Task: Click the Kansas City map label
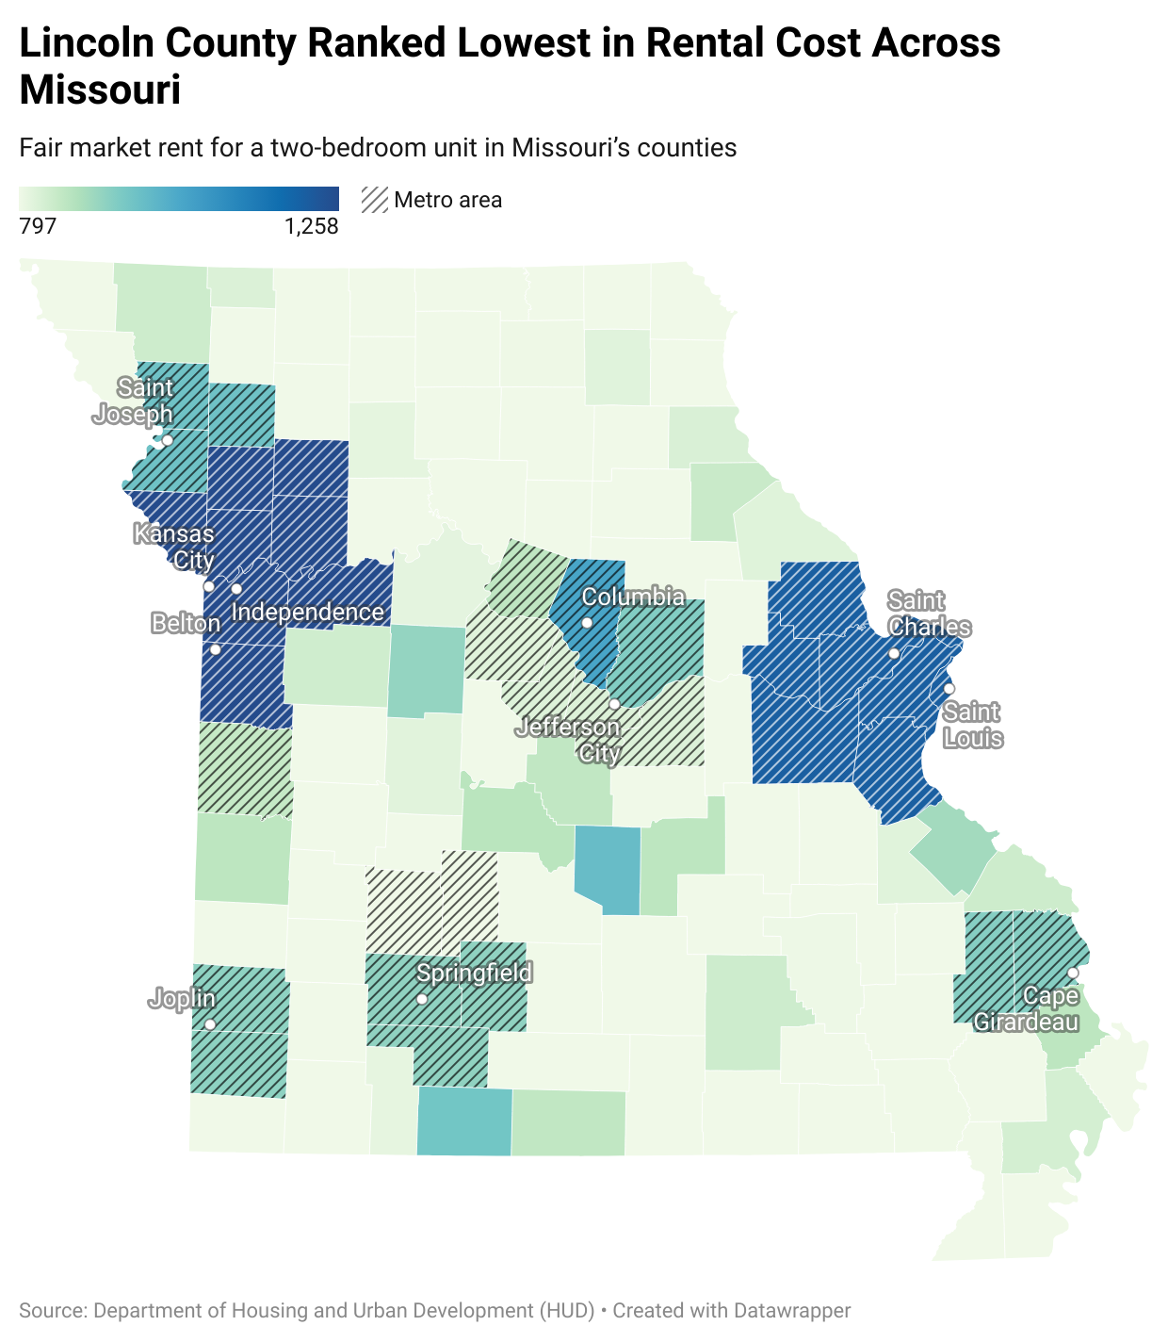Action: pyautogui.click(x=174, y=548)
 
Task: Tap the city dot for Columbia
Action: pyautogui.click(x=587, y=623)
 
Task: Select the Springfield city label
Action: pyautogui.click(x=475, y=973)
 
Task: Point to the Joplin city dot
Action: pyautogui.click(x=210, y=1024)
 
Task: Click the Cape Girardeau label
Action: pyautogui.click(x=1026, y=1008)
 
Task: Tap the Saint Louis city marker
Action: pyautogui.click(x=949, y=689)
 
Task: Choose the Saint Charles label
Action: pyautogui.click(x=929, y=614)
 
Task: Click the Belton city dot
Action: pyautogui.click(x=215, y=649)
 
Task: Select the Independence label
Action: pyautogui.click(x=307, y=613)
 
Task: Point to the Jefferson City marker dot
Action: pyautogui.click(x=614, y=704)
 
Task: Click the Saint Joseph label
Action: pyautogui.click(x=134, y=401)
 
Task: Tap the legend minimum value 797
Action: pyautogui.click(x=38, y=226)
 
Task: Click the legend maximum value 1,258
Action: pyautogui.click(x=311, y=226)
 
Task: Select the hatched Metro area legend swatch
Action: pyautogui.click(x=375, y=200)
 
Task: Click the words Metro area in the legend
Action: pyautogui.click(x=448, y=200)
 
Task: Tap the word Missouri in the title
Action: pyautogui.click(x=100, y=90)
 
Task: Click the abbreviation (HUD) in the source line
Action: pyautogui.click(x=567, y=1311)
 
